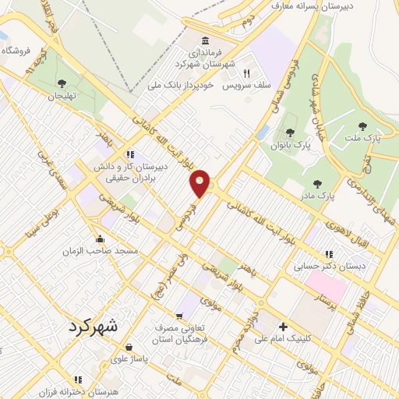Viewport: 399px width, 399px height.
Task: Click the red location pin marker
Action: pyautogui.click(x=200, y=182)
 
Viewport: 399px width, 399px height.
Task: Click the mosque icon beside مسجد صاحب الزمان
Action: pyautogui.click(x=101, y=239)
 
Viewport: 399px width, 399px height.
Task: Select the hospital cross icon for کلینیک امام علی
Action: pyautogui.click(x=283, y=327)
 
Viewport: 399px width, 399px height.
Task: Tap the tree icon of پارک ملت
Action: pyautogui.click(x=362, y=125)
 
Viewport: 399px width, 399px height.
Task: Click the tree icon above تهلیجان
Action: pyautogui.click(x=61, y=83)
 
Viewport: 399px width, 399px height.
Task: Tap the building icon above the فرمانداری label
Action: pyautogui.click(x=205, y=41)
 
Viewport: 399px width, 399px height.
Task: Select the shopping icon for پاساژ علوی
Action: pyautogui.click(x=128, y=348)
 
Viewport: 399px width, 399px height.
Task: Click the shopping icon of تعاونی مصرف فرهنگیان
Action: pyautogui.click(x=180, y=316)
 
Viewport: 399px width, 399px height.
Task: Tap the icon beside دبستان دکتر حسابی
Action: pyautogui.click(x=329, y=254)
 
